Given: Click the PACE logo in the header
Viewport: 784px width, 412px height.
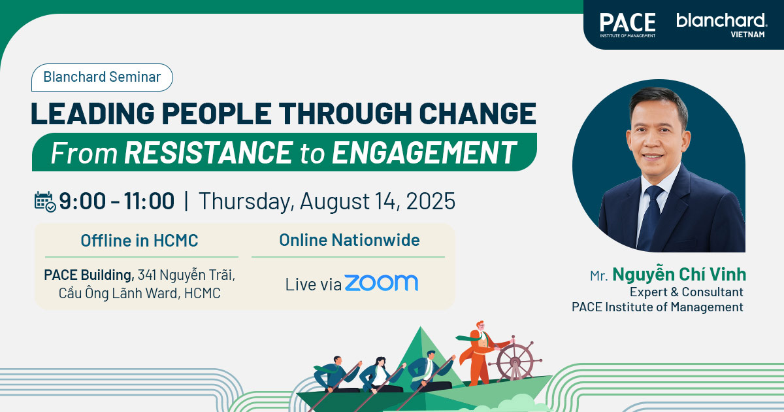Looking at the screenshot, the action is [x=628, y=25].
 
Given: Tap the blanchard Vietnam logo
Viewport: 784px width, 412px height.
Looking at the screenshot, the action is [x=722, y=26].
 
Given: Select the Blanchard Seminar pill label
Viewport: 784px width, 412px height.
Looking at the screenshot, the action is [x=102, y=77].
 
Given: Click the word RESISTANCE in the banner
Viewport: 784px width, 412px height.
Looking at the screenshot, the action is [x=208, y=152].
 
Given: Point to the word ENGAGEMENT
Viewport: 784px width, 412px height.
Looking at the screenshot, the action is [x=424, y=152].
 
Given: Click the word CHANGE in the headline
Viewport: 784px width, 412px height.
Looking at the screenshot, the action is [x=478, y=114].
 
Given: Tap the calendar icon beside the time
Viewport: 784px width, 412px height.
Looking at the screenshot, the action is [x=45, y=202].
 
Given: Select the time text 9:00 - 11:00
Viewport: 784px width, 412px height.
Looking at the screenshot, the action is [x=116, y=201].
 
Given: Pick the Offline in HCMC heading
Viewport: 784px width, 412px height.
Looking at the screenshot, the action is [x=139, y=241].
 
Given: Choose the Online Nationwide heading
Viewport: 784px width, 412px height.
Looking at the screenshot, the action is [x=350, y=240].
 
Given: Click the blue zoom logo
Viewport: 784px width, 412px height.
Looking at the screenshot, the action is [x=382, y=283].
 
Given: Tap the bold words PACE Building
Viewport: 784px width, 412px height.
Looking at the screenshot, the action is [x=89, y=275].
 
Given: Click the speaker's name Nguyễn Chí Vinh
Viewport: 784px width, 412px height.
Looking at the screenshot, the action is [x=679, y=274].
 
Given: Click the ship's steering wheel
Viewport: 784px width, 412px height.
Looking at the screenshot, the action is [x=515, y=360].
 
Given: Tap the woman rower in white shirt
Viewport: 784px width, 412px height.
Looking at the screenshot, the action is [x=380, y=374].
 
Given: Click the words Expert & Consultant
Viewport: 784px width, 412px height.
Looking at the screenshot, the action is [x=687, y=292].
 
